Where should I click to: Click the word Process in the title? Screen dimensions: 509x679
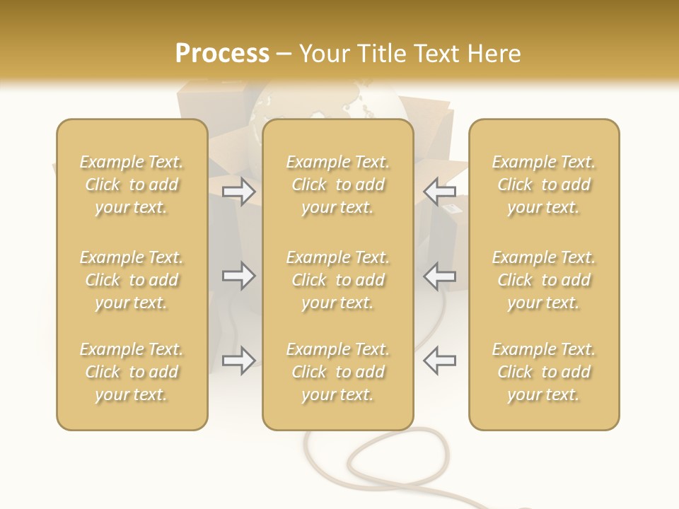[x=222, y=54]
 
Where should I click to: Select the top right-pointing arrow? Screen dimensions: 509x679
[x=238, y=191]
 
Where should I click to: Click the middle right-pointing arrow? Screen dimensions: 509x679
[x=238, y=276]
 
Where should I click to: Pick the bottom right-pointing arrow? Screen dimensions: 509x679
[x=238, y=361]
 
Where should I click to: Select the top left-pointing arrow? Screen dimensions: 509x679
[x=440, y=191]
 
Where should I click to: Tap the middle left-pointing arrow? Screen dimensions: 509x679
[x=440, y=276]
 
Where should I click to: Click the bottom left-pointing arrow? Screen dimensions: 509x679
[x=440, y=361]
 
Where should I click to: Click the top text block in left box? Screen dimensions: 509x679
[x=132, y=185]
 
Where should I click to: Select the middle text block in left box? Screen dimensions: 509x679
[x=132, y=280]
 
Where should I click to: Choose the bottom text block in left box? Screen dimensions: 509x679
[x=132, y=372]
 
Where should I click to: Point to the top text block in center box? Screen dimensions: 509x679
[x=337, y=185]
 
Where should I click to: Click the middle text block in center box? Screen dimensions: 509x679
[x=337, y=280]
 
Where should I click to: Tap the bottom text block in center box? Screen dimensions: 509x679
[x=337, y=372]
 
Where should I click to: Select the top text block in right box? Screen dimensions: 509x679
[x=544, y=185]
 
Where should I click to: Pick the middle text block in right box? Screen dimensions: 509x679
[x=544, y=280]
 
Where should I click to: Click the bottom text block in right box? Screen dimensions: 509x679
[x=544, y=372]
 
